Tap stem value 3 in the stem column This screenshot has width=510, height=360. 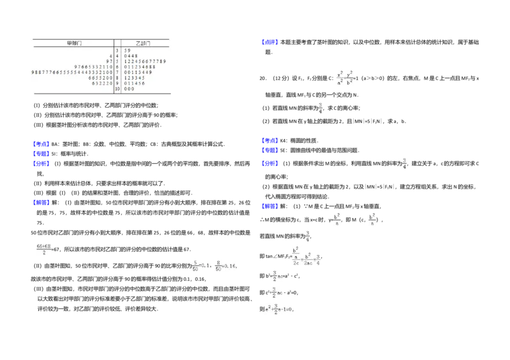pyautogui.click(x=117, y=50)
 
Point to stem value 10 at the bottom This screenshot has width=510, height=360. pyautogui.click(x=117, y=89)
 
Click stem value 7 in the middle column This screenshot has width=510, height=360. pyautogui.click(x=117, y=72)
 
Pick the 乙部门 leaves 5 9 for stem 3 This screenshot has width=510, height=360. pyautogui.click(x=127, y=50)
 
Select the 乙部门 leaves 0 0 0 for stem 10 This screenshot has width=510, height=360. pyautogui.click(x=129, y=89)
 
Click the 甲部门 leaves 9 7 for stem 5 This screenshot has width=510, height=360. pyautogui.click(x=109, y=61)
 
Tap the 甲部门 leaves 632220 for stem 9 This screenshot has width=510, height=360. pyautogui.click(x=102, y=83)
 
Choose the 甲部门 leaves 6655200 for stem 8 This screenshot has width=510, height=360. pyautogui.click(x=100, y=78)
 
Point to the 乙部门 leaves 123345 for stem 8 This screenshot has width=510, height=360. pyautogui.click(x=135, y=78)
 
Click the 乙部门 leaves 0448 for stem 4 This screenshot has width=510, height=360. pyautogui.click(x=131, y=55)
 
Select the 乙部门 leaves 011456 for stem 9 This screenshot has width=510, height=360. pyautogui.click(x=135, y=83)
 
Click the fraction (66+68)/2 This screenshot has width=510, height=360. pyautogui.click(x=44, y=249)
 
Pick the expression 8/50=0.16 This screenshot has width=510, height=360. pyautogui.click(x=225, y=264)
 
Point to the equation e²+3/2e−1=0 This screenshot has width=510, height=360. pyautogui.click(x=279, y=309)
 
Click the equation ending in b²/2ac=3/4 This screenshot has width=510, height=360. pyautogui.click(x=306, y=257)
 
